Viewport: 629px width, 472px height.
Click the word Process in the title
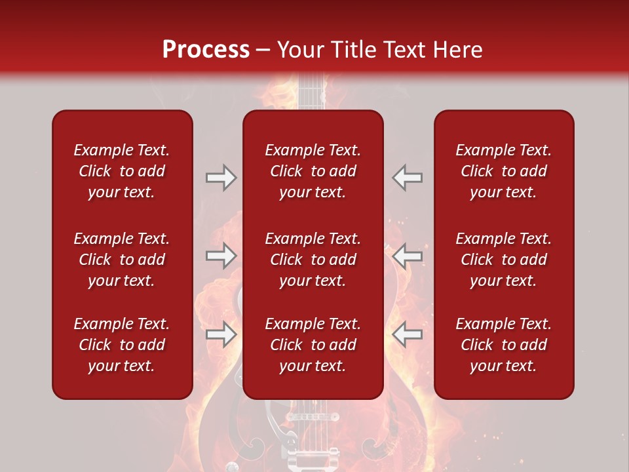(206, 50)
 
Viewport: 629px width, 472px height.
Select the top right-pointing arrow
(221, 178)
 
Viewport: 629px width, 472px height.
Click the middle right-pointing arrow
(221, 256)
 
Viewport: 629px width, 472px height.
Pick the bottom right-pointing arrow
(221, 334)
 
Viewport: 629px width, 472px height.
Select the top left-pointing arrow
(408, 178)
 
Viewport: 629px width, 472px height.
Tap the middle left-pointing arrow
(408, 256)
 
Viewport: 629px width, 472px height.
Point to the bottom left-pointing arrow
(408, 334)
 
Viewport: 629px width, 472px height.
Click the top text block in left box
(122, 171)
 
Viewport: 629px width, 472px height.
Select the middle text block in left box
(122, 260)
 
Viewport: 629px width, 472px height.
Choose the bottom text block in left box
(122, 345)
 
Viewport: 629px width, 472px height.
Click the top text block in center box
(313, 171)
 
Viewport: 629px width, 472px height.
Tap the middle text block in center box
(313, 260)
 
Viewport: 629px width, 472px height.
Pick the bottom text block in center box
(313, 345)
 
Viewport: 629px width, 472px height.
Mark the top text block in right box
(504, 171)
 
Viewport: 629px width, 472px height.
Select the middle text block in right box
(504, 260)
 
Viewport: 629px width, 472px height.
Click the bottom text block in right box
(504, 345)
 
